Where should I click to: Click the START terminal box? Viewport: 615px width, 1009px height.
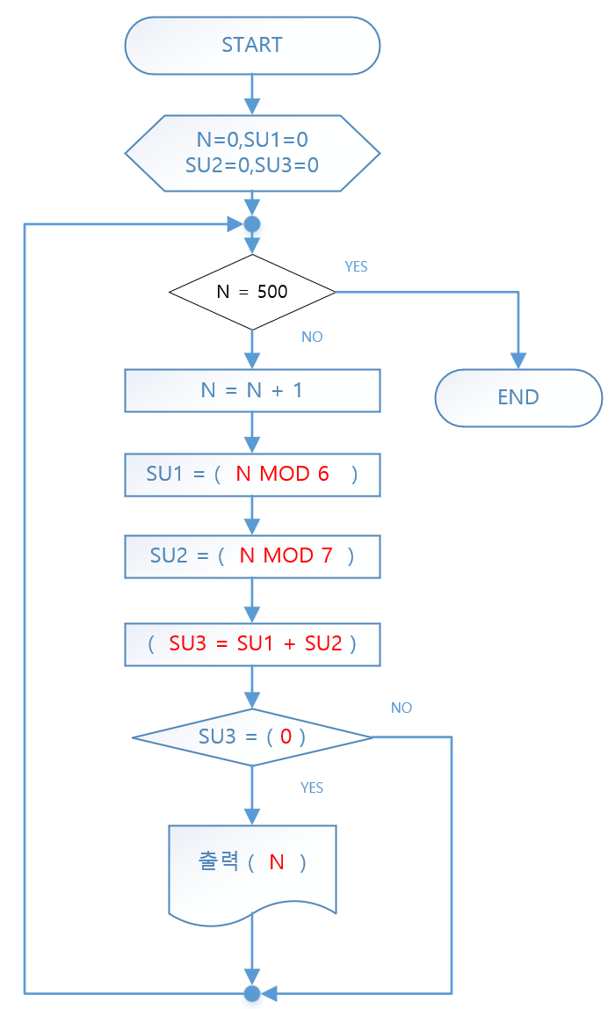(252, 46)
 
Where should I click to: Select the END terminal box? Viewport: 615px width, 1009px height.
(518, 397)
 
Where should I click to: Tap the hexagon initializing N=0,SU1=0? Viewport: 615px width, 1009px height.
(252, 152)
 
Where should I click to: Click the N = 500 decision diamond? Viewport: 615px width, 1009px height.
(252, 292)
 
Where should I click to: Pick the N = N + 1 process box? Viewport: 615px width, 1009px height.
(252, 390)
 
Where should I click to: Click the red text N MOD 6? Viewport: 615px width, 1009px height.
(282, 474)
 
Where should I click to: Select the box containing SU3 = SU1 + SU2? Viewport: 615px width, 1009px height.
(252, 643)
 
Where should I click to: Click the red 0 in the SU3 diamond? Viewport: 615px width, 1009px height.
(286, 737)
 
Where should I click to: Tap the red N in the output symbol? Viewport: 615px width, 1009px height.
(277, 862)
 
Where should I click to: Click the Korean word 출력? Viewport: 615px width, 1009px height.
(220, 862)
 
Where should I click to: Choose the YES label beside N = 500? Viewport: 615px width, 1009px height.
(356, 267)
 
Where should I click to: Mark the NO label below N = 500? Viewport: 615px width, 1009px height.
(312, 338)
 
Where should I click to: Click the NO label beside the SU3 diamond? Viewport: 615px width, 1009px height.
(402, 708)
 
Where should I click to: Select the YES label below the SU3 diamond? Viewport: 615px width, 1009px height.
(312, 788)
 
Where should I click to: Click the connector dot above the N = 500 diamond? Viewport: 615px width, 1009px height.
(252, 224)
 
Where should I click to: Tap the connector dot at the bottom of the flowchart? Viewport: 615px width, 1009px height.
(252, 993)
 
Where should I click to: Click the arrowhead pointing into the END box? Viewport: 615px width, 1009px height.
(518, 360)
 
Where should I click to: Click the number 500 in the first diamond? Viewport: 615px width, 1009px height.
(272, 292)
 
